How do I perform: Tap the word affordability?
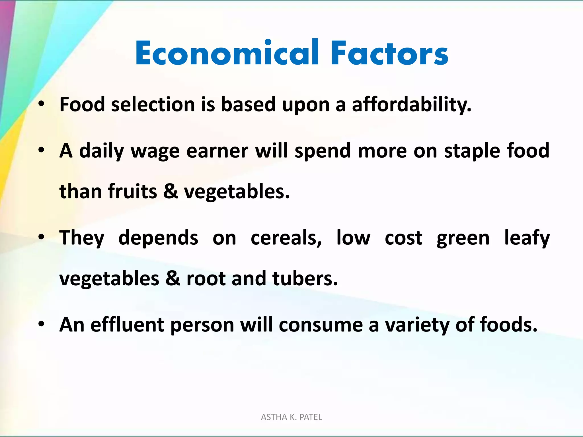(412, 104)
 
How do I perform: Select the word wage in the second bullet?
(155, 151)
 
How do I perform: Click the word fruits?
(132, 191)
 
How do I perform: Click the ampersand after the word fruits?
(171, 191)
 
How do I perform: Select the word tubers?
(305, 278)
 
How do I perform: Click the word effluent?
(127, 325)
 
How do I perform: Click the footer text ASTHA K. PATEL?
(291, 417)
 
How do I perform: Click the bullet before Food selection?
(42, 104)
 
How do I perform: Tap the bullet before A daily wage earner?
(42, 150)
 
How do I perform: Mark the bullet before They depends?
(42, 237)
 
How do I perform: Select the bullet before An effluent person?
(42, 324)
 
